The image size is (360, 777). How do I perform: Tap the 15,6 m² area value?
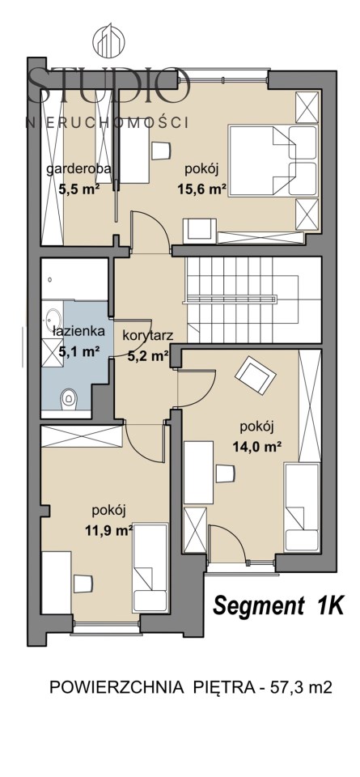(202, 189)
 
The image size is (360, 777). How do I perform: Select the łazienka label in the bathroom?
(72, 332)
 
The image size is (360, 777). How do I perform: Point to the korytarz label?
(147, 336)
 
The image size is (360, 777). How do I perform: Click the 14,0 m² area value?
(257, 447)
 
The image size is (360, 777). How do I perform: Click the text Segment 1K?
(277, 605)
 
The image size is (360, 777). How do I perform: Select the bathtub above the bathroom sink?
(74, 279)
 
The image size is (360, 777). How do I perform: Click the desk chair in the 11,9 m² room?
(83, 584)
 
